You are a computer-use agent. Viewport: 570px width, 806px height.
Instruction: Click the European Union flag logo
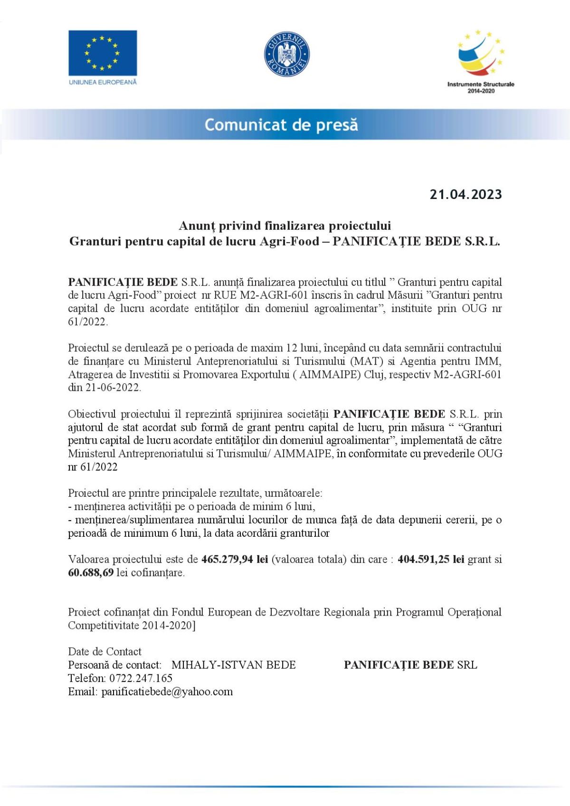[103, 53]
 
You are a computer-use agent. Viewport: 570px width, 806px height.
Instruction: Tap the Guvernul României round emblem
[286, 54]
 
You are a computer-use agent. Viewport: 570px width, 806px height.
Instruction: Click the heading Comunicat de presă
[281, 125]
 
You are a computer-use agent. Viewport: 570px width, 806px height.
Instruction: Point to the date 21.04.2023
[465, 194]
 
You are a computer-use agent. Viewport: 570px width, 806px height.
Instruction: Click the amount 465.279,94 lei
[235, 559]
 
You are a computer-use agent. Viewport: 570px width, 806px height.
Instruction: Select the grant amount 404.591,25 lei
[431, 559]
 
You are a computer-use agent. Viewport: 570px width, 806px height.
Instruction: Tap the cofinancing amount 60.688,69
[91, 573]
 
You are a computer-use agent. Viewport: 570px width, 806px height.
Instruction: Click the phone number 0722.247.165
[141, 678]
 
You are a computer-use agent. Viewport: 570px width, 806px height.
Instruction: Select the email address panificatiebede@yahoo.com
[167, 692]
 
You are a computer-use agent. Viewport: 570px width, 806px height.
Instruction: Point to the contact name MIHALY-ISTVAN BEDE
[233, 665]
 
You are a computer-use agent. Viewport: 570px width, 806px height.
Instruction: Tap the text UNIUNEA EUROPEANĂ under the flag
[103, 82]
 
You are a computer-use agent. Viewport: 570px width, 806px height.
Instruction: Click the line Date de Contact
[104, 652]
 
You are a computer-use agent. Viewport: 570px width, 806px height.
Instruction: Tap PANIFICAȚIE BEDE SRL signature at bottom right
[410, 665]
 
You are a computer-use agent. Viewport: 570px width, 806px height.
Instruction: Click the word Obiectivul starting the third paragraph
[92, 414]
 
